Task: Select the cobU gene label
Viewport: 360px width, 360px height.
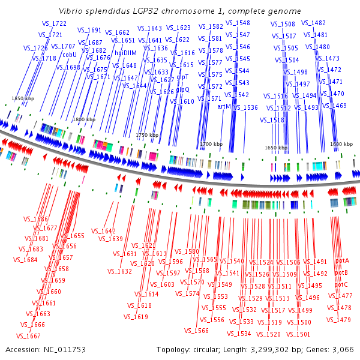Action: tap(70, 54)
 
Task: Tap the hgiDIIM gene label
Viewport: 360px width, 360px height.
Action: tap(126, 53)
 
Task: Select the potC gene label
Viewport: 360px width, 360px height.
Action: tap(341, 284)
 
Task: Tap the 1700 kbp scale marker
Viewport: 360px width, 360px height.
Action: tap(211, 145)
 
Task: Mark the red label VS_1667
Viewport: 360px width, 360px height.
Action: tap(30, 336)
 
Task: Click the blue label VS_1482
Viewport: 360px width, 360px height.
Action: tap(314, 23)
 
